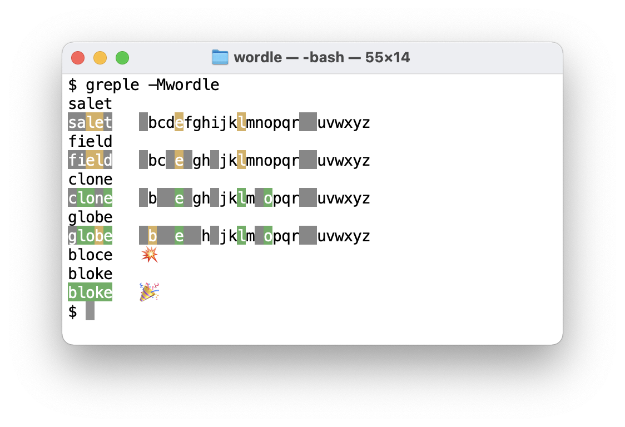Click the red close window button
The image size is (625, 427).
(78, 58)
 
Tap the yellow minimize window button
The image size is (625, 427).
(100, 58)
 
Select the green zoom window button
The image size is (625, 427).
(122, 58)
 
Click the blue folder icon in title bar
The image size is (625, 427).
(220, 57)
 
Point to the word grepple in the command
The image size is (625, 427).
(112, 85)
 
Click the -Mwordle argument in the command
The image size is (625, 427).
(183, 85)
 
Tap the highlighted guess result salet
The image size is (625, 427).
(90, 123)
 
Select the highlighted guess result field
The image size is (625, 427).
(90, 161)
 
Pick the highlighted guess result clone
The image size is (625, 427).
(90, 198)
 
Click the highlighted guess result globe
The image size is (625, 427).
(90, 236)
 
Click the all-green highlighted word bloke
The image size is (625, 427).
(90, 292)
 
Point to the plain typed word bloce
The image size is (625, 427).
(90, 255)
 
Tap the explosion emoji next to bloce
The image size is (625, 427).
(149, 255)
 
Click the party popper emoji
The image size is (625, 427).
(149, 292)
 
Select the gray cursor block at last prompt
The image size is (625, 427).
(90, 311)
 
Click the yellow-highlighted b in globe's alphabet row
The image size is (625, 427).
(152, 236)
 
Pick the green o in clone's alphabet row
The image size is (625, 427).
(268, 198)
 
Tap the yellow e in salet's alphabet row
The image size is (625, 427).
(179, 123)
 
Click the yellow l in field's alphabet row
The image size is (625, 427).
(241, 161)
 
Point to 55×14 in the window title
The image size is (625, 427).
(388, 57)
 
